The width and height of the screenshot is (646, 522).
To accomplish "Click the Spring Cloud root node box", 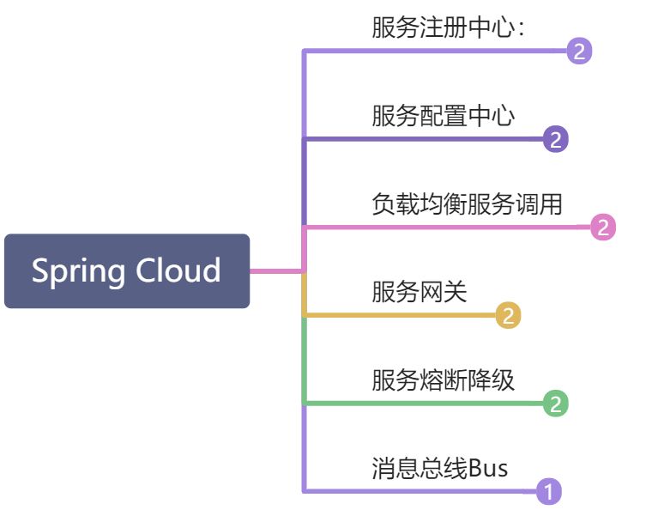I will click(127, 271).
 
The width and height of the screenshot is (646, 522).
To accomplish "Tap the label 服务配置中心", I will click(443, 115).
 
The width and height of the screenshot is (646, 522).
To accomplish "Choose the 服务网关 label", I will click(419, 292).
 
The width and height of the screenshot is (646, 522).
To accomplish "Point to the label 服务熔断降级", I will click(443, 379).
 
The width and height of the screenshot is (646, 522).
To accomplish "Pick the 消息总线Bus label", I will click(439, 469).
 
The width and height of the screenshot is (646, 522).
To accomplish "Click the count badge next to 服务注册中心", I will click(579, 52).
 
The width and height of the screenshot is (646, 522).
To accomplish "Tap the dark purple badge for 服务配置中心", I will click(556, 139).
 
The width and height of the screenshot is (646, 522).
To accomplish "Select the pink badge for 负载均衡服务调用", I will click(603, 228).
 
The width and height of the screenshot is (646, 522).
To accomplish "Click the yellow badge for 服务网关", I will click(508, 316).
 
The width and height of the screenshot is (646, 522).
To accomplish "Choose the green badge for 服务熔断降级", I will click(556, 404).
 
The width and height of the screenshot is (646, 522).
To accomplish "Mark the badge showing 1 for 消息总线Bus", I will click(548, 493).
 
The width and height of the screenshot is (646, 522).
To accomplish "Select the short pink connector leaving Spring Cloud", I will click(275, 271).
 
